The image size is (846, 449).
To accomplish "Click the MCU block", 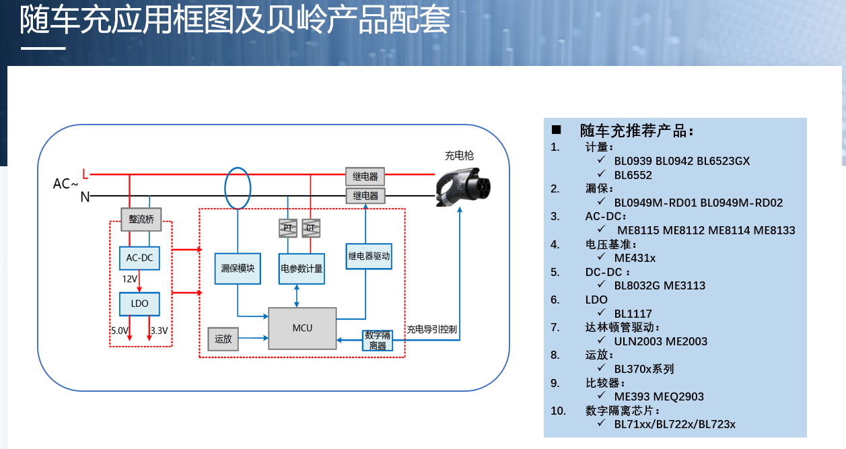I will point(302,328).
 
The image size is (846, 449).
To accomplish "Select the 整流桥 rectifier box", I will point(141,219).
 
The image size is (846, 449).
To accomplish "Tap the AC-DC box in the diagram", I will point(139,258).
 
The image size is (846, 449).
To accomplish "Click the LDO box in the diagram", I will point(139,304).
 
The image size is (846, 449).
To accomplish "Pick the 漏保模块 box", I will point(238,268).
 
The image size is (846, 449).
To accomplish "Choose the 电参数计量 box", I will point(302,269).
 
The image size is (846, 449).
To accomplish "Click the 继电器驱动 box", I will point(369,256).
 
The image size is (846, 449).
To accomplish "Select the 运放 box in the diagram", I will point(223,339).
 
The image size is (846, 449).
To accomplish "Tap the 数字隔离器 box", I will point(378,340).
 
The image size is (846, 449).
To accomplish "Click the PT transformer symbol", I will point(287,228).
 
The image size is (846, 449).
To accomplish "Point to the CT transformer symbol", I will point(310,228).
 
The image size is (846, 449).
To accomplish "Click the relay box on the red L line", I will point(365,177).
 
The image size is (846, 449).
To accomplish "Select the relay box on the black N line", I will point(365,196).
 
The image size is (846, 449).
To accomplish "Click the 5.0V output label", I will point(119,331).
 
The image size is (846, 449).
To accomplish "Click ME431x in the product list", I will point(635,258).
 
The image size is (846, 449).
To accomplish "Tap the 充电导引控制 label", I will point(431,329).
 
